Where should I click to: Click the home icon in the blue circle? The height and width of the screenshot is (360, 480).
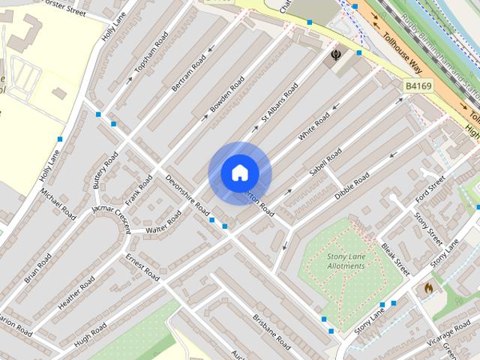(x=239, y=173)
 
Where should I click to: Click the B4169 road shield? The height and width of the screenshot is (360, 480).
(x=419, y=86)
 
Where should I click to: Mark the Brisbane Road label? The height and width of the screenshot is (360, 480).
(x=271, y=331)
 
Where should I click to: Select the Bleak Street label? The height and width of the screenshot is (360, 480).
(x=395, y=257)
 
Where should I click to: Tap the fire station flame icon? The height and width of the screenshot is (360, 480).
(x=428, y=287)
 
